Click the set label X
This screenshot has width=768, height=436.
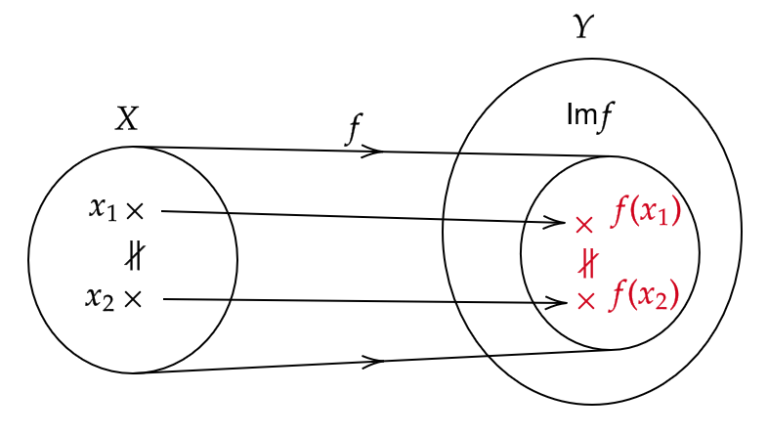(127, 119)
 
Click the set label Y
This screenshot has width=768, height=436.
(583, 26)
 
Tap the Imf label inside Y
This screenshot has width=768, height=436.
(590, 116)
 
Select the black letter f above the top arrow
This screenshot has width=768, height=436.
(354, 129)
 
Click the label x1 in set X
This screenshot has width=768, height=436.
(103, 209)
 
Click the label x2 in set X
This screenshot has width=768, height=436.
(100, 298)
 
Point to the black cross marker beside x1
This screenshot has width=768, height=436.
(135, 211)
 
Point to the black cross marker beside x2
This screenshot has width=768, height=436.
(133, 299)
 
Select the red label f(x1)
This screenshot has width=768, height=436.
(646, 212)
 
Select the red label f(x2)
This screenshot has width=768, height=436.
(645, 295)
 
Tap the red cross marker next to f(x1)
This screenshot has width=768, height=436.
(584, 225)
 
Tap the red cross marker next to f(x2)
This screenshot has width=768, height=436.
(586, 301)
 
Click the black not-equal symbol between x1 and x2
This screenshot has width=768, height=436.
(135, 256)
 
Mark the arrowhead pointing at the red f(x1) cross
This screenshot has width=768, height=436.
(553, 222)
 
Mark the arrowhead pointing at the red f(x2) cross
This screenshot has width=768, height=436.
(555, 302)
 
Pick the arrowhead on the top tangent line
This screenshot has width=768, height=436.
(372, 151)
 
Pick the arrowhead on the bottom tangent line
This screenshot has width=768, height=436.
(373, 362)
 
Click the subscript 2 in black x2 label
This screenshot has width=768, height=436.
(109, 304)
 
